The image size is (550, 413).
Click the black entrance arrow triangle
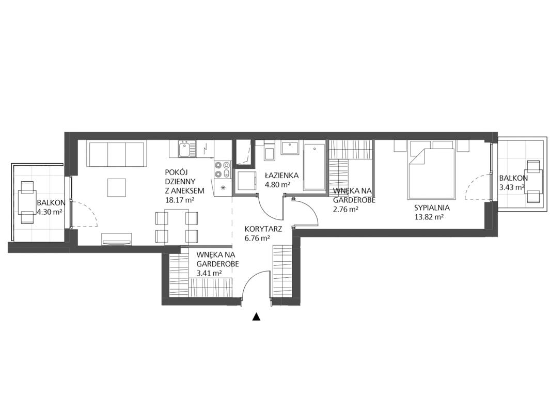257,316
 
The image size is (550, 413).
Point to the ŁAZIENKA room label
281,176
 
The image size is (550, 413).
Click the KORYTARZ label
263,229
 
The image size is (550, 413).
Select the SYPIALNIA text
432,208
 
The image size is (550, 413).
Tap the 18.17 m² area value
180,200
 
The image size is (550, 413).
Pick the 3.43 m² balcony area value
512,187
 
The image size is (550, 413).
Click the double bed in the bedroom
431,170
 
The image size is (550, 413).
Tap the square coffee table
116,187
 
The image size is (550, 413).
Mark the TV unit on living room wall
117,239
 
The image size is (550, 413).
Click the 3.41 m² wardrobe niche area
209,273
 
